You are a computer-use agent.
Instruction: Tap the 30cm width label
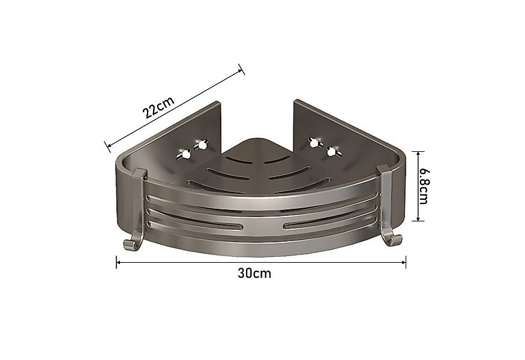[x=254, y=274]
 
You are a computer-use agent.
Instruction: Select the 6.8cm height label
[x=423, y=185]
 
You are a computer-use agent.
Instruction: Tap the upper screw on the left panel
[x=200, y=144]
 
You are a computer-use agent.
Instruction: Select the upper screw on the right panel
[x=313, y=142]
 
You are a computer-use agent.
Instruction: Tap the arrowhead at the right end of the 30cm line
[x=404, y=261]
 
